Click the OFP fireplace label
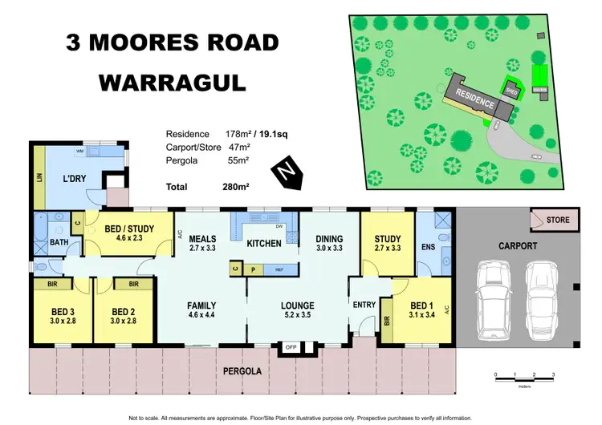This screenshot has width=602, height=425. (291, 347)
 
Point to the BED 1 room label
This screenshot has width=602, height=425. (422, 306)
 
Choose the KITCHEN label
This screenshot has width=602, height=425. (262, 243)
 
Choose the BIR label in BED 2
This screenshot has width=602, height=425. (134, 284)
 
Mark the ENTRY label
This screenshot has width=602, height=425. (364, 306)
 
